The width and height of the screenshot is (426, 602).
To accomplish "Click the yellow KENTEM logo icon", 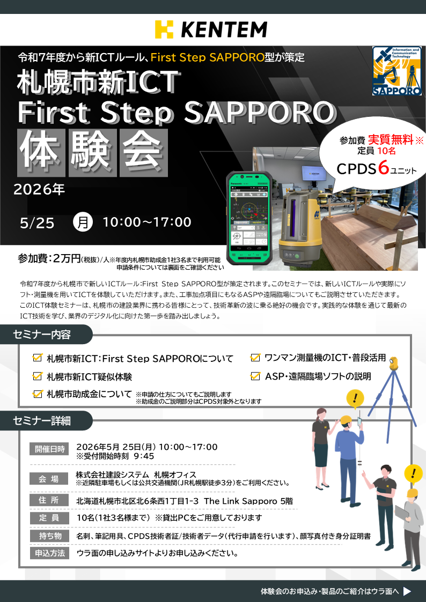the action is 164,29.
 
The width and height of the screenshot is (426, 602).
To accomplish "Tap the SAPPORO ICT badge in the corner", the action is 397,71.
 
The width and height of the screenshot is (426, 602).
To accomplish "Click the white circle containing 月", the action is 83,222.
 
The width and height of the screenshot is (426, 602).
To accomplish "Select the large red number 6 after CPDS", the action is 384,168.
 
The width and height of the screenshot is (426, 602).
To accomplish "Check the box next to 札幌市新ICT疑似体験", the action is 38,376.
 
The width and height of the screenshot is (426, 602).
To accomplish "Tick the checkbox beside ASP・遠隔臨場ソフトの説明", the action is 255,375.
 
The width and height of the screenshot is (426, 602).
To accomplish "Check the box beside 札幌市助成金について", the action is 38,393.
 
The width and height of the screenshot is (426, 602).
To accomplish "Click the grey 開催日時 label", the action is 49,449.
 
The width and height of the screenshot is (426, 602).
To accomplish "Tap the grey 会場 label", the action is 49,479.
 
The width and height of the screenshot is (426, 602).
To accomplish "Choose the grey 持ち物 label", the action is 49,536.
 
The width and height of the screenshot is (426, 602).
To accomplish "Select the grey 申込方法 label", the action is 49,553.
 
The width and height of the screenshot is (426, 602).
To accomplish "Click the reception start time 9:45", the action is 144,456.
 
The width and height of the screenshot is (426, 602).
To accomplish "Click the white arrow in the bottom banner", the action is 407,591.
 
